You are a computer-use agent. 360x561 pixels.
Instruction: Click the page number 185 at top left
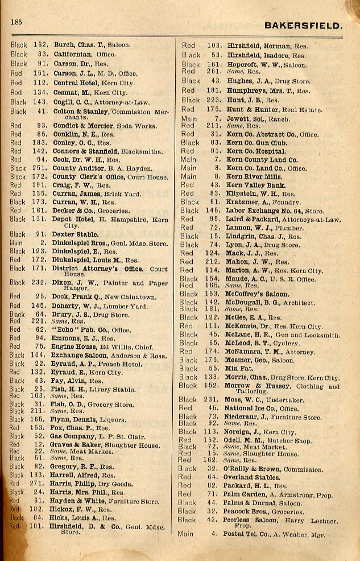coord(15,22)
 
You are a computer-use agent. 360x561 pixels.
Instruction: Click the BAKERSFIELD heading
coord(304,26)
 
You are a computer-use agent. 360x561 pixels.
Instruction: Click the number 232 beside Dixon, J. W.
coord(39,282)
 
